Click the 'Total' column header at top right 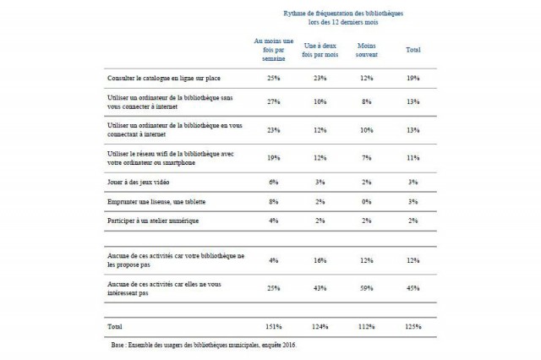pyautogui.click(x=413, y=50)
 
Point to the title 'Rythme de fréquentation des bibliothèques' pyautogui.click(x=342, y=14)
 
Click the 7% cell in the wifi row pyautogui.click(x=367, y=157)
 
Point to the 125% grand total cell pyautogui.click(x=413, y=325)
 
